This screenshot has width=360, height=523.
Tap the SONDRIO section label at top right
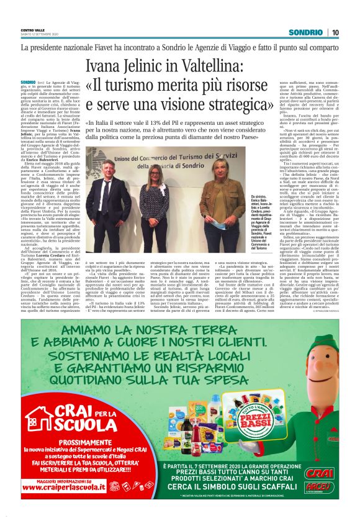pos(308,32)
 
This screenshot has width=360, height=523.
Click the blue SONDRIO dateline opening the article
pos(28,82)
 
